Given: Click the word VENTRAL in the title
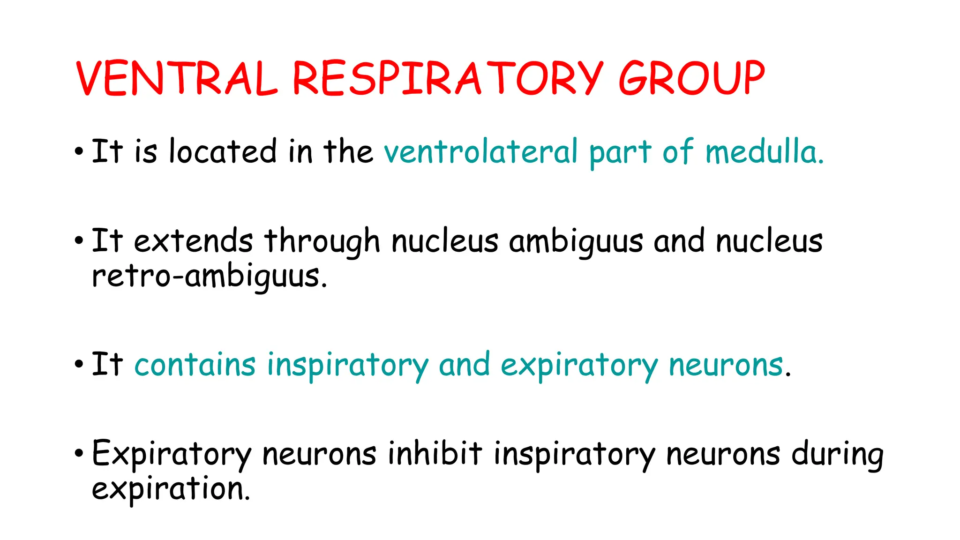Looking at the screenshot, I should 177,78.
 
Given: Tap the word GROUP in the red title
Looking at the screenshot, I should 691,78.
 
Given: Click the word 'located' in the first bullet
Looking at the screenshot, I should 223,151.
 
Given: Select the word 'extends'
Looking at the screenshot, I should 193,241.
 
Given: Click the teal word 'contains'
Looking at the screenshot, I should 195,365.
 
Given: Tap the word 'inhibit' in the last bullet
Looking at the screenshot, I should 435,453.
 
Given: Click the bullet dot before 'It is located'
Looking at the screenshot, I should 79,152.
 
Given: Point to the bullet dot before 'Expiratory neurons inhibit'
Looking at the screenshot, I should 79,453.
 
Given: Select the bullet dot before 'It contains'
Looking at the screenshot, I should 79,365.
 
